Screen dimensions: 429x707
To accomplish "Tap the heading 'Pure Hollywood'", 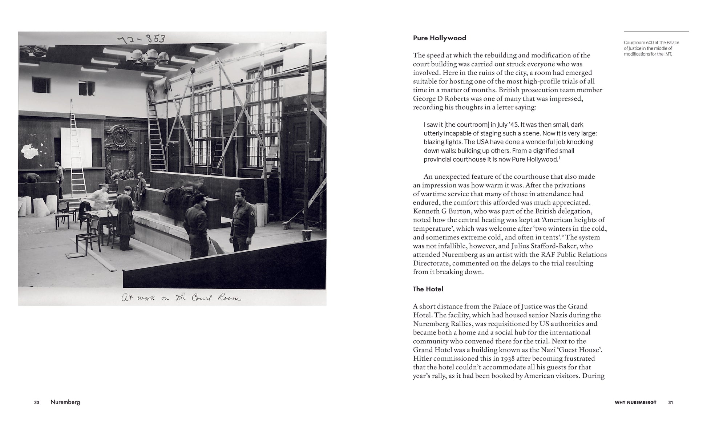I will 439,38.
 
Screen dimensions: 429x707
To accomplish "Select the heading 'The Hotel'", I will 428,289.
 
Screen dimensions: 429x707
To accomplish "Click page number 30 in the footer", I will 37,402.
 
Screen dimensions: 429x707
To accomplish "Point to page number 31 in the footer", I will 670,402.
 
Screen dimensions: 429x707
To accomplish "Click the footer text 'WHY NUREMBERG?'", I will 635,402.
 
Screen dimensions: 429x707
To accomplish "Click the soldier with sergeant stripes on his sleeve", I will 242,220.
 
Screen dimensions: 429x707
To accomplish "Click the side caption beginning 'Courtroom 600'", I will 651,48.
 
